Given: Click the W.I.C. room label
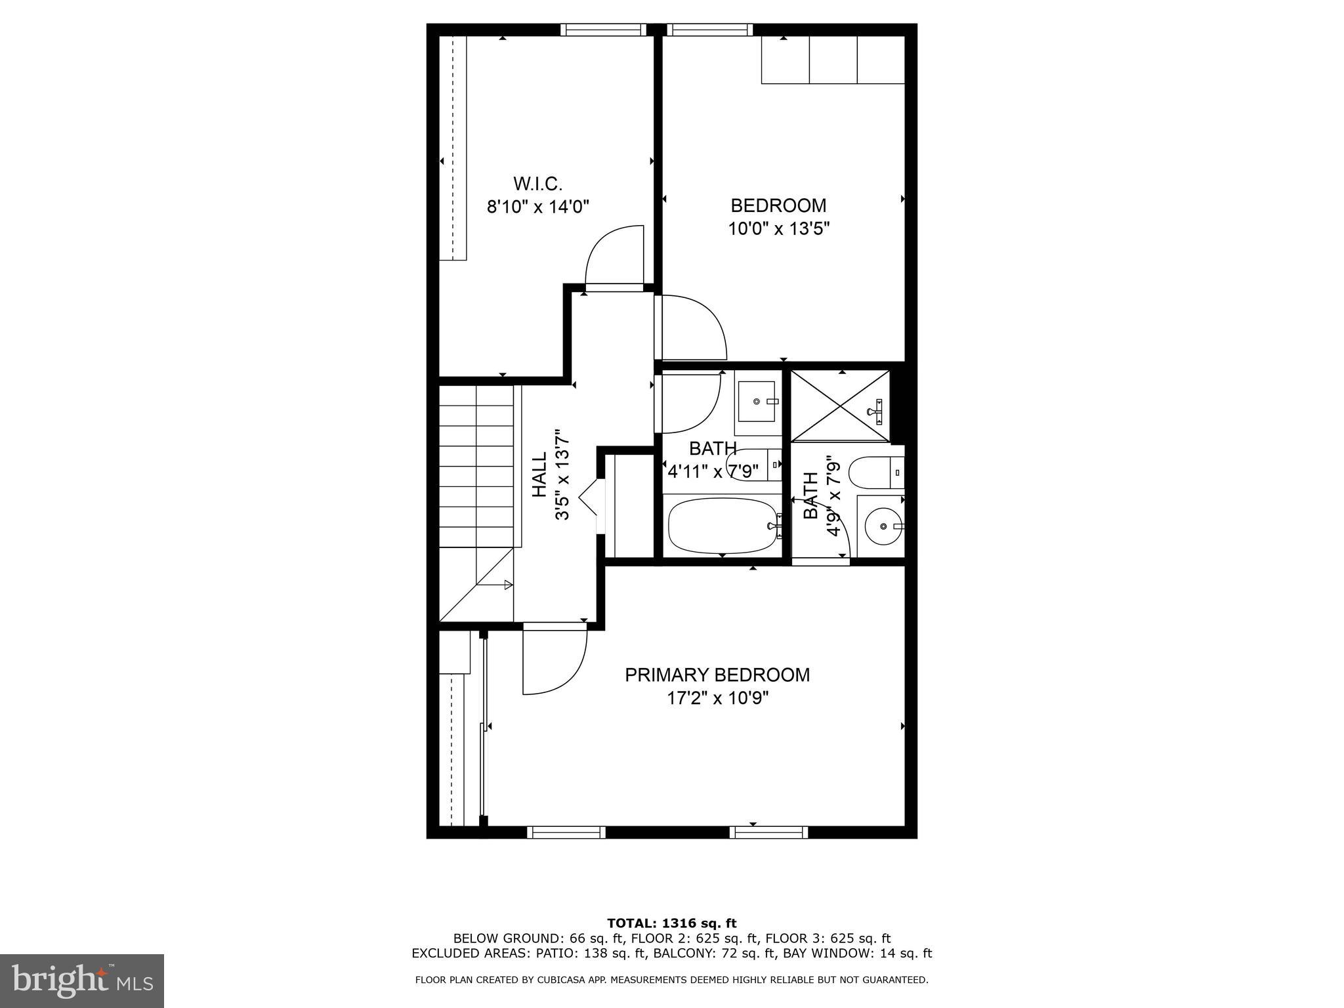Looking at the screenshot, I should click(x=537, y=184).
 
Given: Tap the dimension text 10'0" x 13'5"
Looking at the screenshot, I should click(x=778, y=229).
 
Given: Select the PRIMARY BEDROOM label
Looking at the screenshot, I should click(x=717, y=675).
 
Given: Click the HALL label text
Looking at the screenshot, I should click(x=539, y=474).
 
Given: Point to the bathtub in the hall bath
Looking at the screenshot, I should click(x=723, y=525).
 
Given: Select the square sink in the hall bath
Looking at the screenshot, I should click(x=757, y=401).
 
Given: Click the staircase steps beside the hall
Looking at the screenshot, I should click(x=476, y=465).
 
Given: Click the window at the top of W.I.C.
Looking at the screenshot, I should click(x=603, y=30).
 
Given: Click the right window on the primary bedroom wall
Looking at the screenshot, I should click(x=768, y=833).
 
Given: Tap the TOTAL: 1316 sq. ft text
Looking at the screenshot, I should click(x=671, y=923).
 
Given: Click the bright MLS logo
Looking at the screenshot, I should click(x=81, y=980).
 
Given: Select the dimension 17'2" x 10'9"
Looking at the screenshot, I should click(x=717, y=698).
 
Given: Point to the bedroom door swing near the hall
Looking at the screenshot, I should click(x=692, y=327).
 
